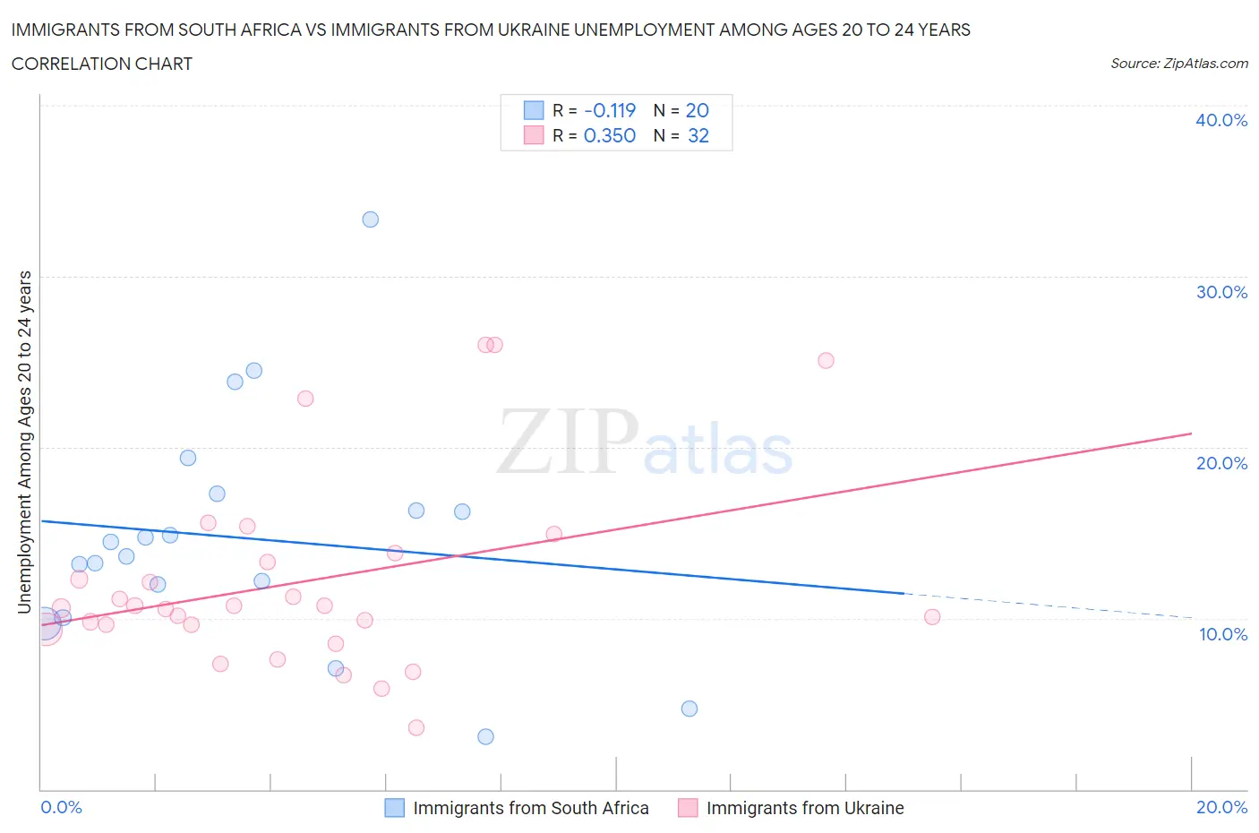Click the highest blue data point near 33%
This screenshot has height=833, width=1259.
370,219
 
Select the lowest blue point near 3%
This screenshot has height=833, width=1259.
485,736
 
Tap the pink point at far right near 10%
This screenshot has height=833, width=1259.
931,616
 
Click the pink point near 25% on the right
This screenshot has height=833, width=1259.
826,360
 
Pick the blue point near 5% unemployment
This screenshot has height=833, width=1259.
689,708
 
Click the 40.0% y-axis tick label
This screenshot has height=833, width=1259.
1220,120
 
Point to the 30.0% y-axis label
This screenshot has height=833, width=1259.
1220,292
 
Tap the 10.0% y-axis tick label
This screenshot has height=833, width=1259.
1222,634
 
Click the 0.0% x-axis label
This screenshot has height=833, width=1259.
61,807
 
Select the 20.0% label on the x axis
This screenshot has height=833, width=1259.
1221,807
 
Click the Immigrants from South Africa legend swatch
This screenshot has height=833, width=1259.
395,808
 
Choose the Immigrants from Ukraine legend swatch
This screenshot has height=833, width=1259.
688,808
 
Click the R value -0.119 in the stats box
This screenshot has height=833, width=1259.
610,110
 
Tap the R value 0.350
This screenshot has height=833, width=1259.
610,135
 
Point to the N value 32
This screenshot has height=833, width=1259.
698,135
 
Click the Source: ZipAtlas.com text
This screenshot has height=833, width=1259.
1178,63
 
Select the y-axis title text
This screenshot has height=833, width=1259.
24,442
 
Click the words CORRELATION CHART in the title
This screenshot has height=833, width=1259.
102,64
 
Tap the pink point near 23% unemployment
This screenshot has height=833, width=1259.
305,399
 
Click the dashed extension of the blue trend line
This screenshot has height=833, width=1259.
1048,605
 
